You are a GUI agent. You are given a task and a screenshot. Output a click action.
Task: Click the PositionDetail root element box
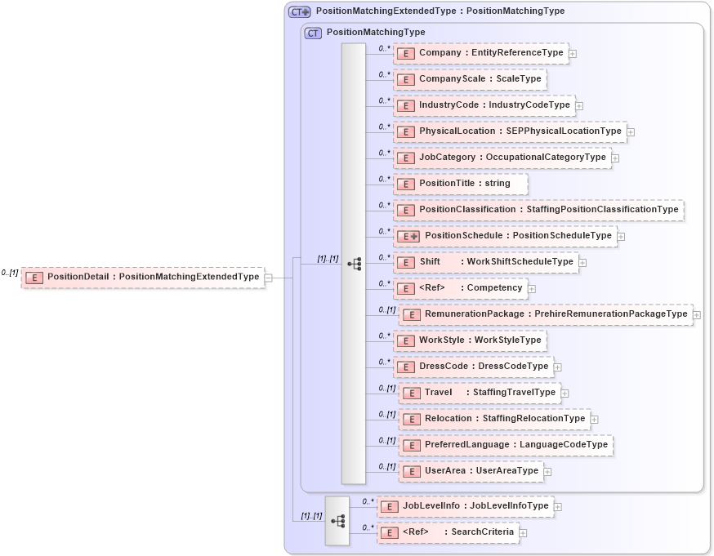(142, 277)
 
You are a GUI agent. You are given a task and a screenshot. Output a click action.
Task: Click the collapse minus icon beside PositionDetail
(268, 278)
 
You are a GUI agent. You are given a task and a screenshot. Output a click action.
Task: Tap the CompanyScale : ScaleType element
(470, 79)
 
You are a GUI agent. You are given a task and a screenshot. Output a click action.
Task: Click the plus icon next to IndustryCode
(579, 105)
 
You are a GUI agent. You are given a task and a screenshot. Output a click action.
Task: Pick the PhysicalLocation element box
(510, 131)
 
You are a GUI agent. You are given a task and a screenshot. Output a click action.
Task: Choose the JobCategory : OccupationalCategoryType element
(502, 158)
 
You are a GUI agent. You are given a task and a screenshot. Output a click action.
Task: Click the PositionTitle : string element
(461, 184)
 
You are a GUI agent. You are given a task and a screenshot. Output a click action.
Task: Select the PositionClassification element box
(538, 210)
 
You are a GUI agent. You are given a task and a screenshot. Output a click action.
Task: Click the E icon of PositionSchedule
(408, 236)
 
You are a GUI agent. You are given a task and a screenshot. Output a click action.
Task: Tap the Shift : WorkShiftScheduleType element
(486, 262)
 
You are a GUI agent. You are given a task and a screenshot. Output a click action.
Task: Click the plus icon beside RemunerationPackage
(697, 314)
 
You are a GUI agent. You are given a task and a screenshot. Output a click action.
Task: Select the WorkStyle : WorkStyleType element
(470, 340)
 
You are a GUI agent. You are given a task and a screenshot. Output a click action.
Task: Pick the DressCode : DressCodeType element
(473, 367)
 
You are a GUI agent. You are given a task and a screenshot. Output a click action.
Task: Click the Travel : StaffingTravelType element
(480, 393)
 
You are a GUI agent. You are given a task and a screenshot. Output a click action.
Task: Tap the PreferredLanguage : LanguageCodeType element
(506, 445)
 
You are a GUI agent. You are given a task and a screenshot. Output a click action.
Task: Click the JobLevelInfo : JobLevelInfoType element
(465, 506)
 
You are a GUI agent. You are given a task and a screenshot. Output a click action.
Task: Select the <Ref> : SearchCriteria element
(448, 532)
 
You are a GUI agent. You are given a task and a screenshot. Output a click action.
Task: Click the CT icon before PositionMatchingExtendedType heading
(300, 11)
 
